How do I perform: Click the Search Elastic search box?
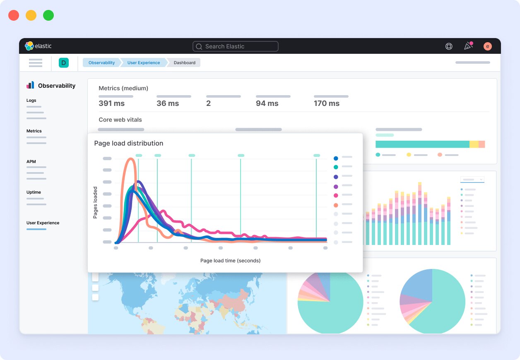tap(235, 46)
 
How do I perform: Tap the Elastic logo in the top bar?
tap(38, 46)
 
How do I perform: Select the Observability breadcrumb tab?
tap(101, 62)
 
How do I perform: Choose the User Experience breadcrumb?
tap(143, 62)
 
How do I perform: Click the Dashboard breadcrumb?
tap(184, 62)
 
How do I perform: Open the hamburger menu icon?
tap(36, 63)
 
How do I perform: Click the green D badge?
tap(63, 63)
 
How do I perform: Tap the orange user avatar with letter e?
tap(487, 46)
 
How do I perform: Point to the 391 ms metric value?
tap(111, 103)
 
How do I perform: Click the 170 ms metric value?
tap(326, 103)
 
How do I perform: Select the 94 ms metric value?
tap(267, 103)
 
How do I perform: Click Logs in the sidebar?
tap(31, 101)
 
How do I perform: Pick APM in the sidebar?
tap(31, 162)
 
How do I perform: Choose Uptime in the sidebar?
tap(34, 192)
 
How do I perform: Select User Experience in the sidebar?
tap(43, 223)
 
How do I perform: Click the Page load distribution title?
tap(128, 144)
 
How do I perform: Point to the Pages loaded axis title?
tap(95, 203)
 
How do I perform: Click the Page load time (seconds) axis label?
tap(230, 261)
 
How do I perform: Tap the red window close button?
tap(14, 15)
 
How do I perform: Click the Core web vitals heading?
tap(120, 120)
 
